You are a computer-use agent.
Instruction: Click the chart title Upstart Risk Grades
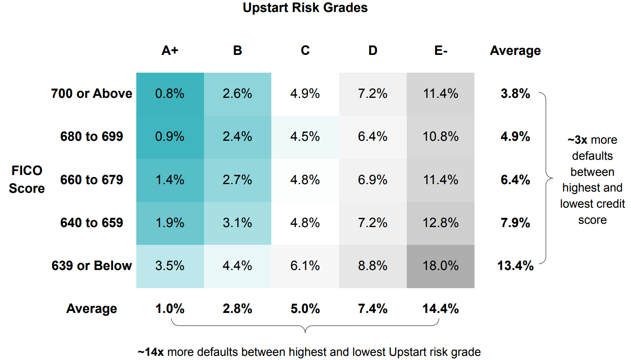coord(305,8)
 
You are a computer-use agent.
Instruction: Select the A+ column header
coord(170,50)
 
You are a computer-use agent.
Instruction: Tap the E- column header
coord(440,50)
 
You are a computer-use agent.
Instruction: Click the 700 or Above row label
coord(92,94)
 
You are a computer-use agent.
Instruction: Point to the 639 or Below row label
coord(92,265)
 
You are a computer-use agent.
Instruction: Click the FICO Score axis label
coord(27,179)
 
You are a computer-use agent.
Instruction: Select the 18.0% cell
coord(440,265)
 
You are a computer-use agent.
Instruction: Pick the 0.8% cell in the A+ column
coord(170,94)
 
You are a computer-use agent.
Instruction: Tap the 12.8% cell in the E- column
coord(440,223)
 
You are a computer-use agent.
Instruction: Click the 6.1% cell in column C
coord(305,265)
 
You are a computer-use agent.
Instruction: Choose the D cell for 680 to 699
coord(372,137)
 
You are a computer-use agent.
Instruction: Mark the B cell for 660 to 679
coord(237,180)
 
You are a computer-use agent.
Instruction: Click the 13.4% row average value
coord(515,265)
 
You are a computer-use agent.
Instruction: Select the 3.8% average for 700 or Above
coord(515,94)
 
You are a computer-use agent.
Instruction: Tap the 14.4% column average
coord(440,308)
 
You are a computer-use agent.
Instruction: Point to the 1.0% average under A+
coord(170,308)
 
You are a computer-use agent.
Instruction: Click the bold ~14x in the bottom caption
coord(151,352)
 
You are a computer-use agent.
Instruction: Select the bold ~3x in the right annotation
coord(577,140)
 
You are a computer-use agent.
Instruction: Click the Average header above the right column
coord(515,50)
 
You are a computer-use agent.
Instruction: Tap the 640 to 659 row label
coord(92,223)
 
